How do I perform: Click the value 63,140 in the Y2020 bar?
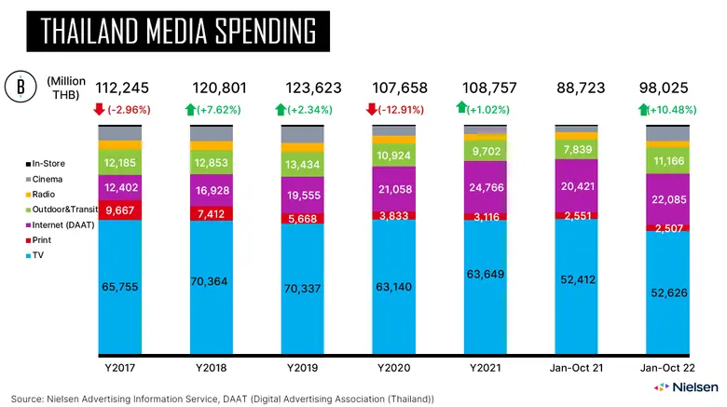[395, 288]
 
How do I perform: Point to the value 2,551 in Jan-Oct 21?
[578, 215]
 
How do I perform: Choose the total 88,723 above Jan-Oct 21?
[579, 88]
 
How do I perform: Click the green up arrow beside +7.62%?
[191, 110]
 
